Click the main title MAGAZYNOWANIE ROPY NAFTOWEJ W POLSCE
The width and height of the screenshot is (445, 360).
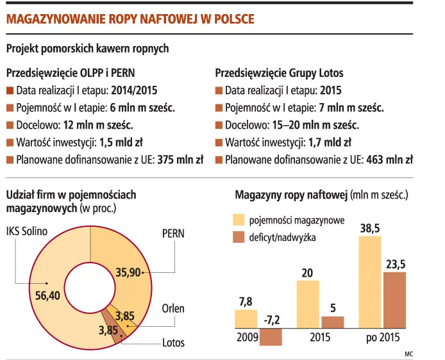click(x=130, y=19)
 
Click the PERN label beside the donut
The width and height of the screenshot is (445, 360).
click(x=172, y=234)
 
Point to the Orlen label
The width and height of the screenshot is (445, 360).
click(x=172, y=308)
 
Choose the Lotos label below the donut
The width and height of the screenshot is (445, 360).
click(x=173, y=342)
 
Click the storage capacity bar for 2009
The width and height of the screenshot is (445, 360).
click(x=246, y=319)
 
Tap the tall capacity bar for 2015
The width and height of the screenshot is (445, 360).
click(x=308, y=304)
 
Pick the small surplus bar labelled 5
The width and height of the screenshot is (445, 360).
click(x=332, y=322)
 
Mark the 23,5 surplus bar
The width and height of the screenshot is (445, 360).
click(x=394, y=300)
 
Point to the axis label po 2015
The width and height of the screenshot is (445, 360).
click(x=383, y=338)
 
